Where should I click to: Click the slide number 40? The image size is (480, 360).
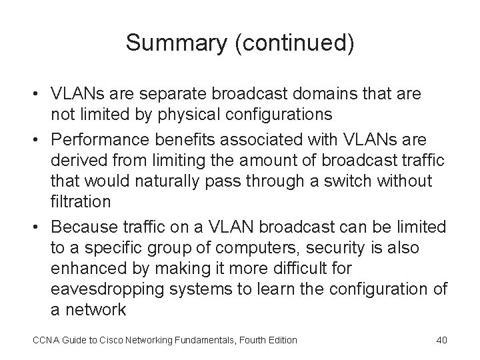point(441,340)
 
